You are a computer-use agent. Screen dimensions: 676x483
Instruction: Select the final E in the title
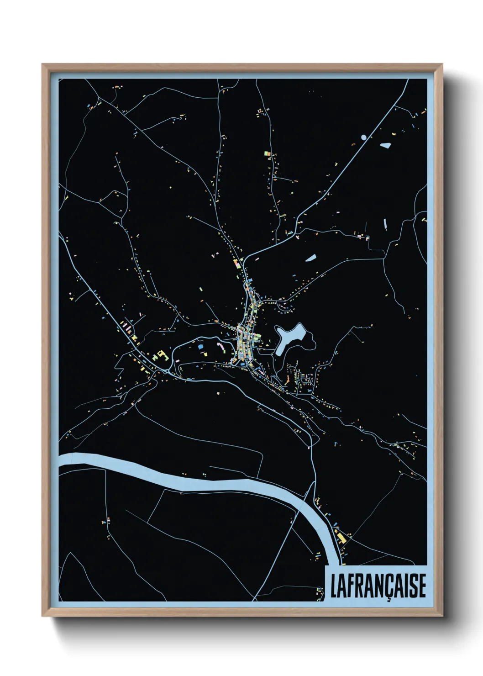click(x=421, y=587)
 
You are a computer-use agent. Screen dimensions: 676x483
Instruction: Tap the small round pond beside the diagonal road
click(x=363, y=137)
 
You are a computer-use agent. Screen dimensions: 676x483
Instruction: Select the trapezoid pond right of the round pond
click(x=385, y=146)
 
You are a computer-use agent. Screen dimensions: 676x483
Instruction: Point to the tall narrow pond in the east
click(x=385, y=224)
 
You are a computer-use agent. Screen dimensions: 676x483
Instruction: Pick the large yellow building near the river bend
click(x=341, y=538)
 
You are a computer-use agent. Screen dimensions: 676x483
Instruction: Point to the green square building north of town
click(x=267, y=154)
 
